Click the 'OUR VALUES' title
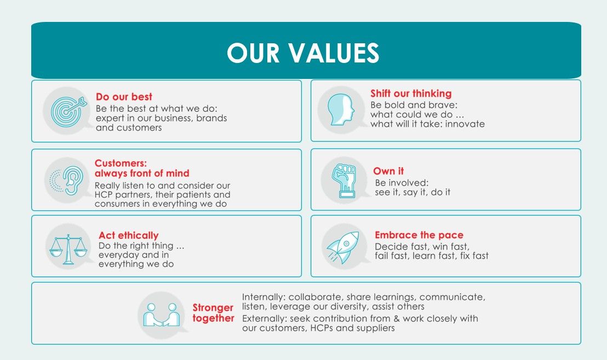[x=303, y=53]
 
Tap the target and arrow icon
[x=66, y=110]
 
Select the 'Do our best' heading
[x=124, y=97]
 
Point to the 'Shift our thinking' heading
[x=411, y=94]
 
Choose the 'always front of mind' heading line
[x=142, y=173]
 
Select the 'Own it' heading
[x=388, y=171]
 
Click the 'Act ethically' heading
[x=128, y=236]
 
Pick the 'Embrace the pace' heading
[x=419, y=235]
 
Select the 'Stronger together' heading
[x=213, y=313]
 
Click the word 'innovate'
[x=465, y=124]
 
